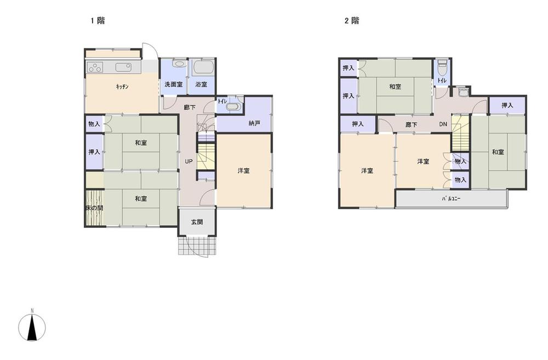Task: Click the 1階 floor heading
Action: [x=98, y=21]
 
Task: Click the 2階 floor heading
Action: [x=352, y=21]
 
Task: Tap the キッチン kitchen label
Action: [x=122, y=87]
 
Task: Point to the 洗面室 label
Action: [x=174, y=84]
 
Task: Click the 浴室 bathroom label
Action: [x=201, y=84]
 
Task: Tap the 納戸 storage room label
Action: [x=254, y=123]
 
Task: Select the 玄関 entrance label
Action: [x=197, y=222]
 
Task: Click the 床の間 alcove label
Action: [x=94, y=209]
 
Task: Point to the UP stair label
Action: [x=188, y=162]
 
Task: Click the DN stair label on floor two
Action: [x=443, y=124]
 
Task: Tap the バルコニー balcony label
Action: [x=450, y=199]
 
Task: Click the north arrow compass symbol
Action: [x=32, y=327]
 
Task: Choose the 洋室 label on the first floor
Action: [x=244, y=170]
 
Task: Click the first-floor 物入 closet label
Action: [x=94, y=124]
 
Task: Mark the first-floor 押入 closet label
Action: [x=94, y=152]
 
